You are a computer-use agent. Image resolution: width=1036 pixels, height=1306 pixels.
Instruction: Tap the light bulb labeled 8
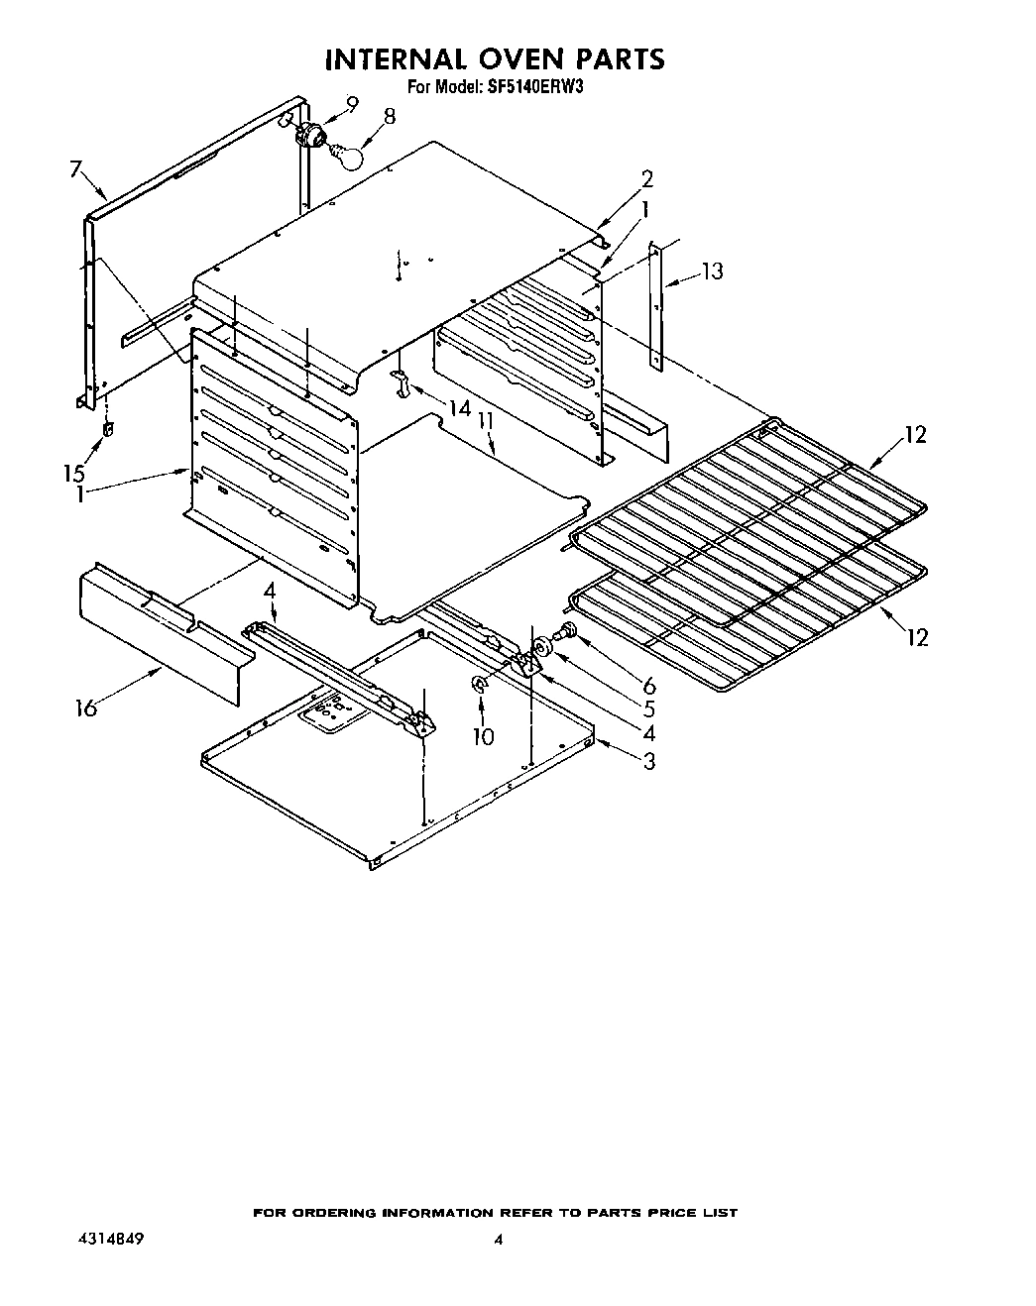point(350,154)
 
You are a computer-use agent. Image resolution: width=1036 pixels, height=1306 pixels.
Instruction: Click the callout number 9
point(353,102)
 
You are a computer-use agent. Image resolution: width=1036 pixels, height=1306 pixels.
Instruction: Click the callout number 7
point(75,169)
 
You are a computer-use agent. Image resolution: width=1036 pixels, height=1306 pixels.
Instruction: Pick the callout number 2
point(646,179)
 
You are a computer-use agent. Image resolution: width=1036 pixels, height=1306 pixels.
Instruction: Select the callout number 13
point(712,271)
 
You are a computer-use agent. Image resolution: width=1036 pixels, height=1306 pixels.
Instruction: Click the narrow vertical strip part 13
point(654,307)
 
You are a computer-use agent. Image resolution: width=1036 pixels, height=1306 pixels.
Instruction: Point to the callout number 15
point(74,473)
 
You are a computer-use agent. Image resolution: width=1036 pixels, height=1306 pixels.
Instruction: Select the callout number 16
point(86,707)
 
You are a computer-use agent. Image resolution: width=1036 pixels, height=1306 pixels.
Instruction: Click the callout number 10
point(483,736)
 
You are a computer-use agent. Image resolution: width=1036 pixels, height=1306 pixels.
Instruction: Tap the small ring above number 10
point(479,683)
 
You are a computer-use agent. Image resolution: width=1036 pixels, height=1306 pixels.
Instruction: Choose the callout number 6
point(649,685)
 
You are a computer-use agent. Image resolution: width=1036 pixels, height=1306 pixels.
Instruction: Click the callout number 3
point(649,761)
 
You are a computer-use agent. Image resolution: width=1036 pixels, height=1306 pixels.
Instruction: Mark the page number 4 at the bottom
point(499,1240)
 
